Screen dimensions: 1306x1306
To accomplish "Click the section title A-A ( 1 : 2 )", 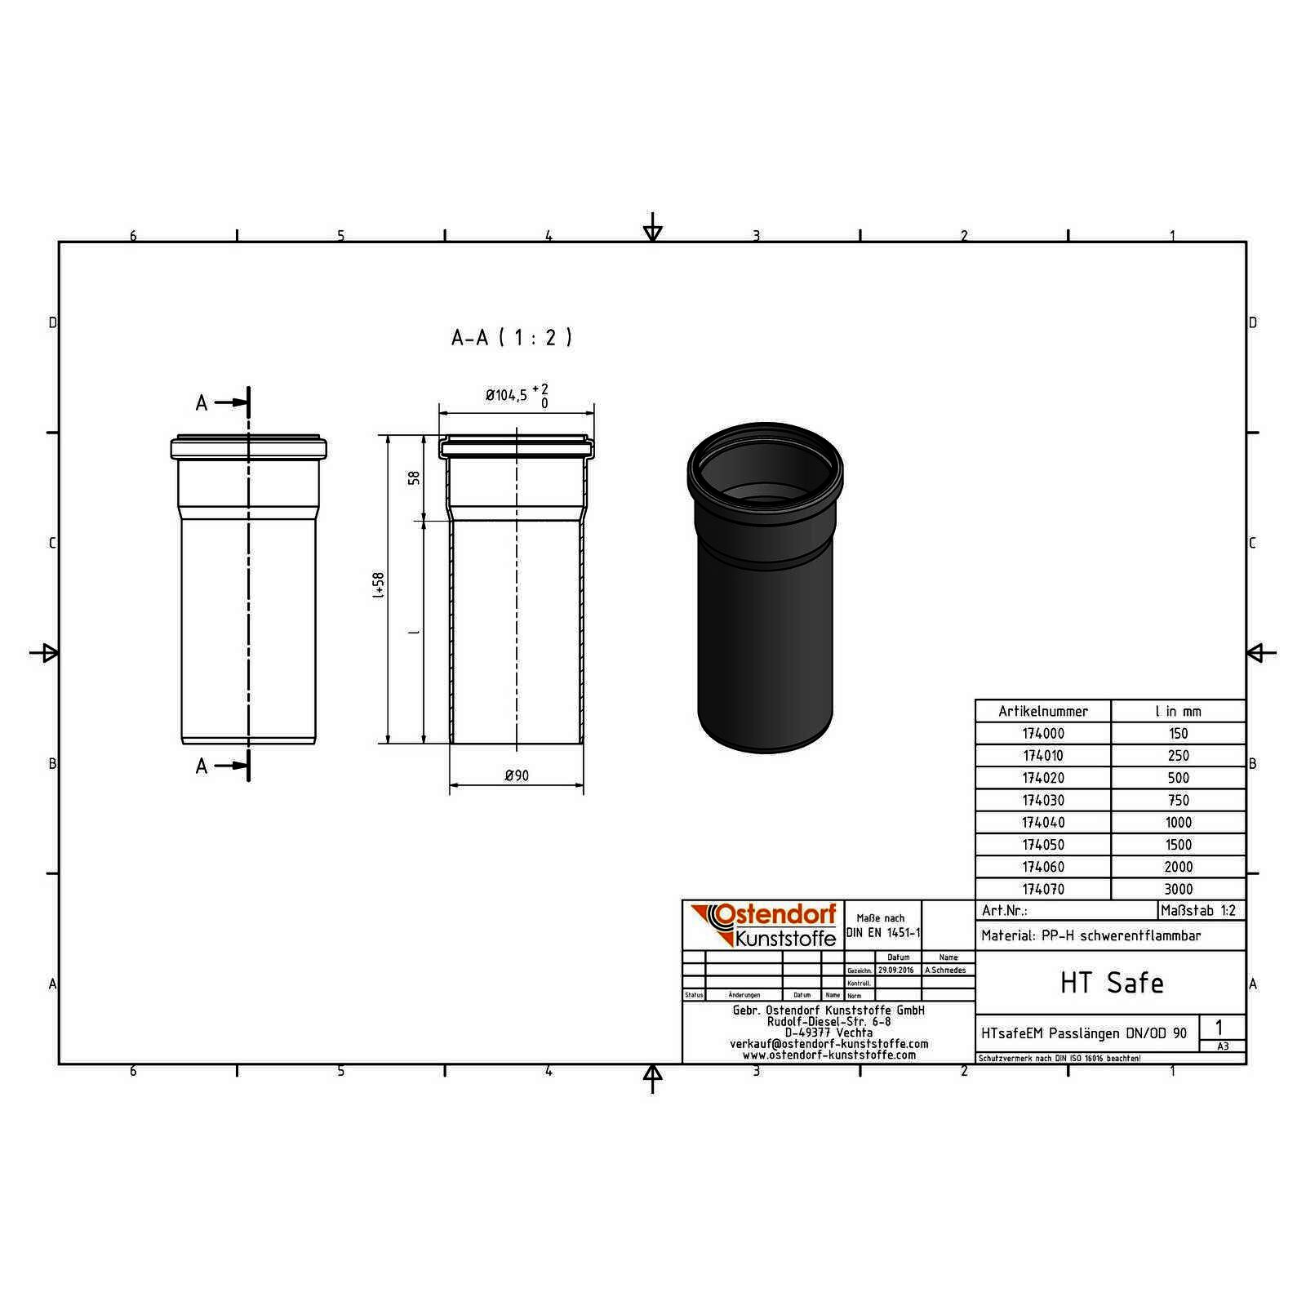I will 512,337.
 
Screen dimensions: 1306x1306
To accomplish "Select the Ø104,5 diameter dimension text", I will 506,396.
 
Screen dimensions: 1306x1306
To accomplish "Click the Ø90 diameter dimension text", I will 517,775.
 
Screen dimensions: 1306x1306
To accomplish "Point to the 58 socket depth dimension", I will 415,478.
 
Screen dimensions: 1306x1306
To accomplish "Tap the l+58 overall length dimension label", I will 378,586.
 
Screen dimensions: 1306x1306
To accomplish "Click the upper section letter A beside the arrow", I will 202,402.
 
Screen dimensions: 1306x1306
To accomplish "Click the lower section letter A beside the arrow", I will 202,766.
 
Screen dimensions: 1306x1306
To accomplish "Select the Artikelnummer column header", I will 1042,711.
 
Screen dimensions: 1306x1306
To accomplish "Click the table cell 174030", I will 1042,800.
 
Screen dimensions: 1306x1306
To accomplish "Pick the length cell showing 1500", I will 1178,845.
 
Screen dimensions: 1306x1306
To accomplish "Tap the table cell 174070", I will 1042,889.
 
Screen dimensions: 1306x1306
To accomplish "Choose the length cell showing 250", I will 1178,756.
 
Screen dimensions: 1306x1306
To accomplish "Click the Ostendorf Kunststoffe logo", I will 763,925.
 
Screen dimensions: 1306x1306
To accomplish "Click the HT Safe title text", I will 1111,983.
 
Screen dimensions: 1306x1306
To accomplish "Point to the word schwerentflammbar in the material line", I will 1139,936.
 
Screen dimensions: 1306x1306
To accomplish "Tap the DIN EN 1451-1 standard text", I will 883,933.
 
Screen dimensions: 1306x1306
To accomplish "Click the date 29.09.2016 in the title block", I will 895,971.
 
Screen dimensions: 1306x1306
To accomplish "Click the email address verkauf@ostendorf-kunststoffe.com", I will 828,1044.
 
